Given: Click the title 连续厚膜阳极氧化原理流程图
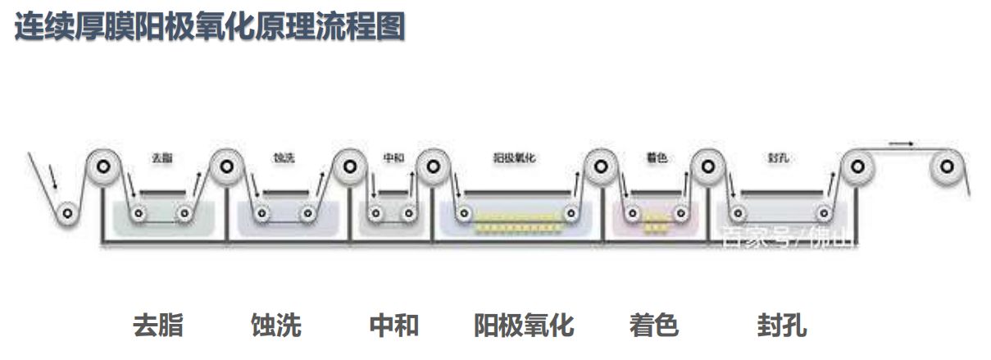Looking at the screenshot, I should [x=210, y=28].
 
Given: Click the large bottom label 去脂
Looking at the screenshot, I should [x=157, y=326].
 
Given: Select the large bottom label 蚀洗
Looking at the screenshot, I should [x=276, y=326].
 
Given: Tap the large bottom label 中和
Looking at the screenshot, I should [x=394, y=326].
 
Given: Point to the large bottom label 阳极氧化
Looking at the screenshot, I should [x=524, y=326].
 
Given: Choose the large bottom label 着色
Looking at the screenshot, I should [x=654, y=326].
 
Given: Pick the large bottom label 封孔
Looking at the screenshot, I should [x=781, y=326].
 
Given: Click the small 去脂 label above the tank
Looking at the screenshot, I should [x=162, y=157].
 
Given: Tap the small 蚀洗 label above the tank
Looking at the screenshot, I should [x=283, y=157].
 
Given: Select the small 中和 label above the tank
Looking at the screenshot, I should [x=393, y=157].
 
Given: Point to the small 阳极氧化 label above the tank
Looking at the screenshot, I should [x=514, y=157].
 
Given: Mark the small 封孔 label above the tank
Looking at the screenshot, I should [x=779, y=157].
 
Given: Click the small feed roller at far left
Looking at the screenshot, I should [x=67, y=214].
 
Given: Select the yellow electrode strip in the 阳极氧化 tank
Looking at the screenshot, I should [x=514, y=216].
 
